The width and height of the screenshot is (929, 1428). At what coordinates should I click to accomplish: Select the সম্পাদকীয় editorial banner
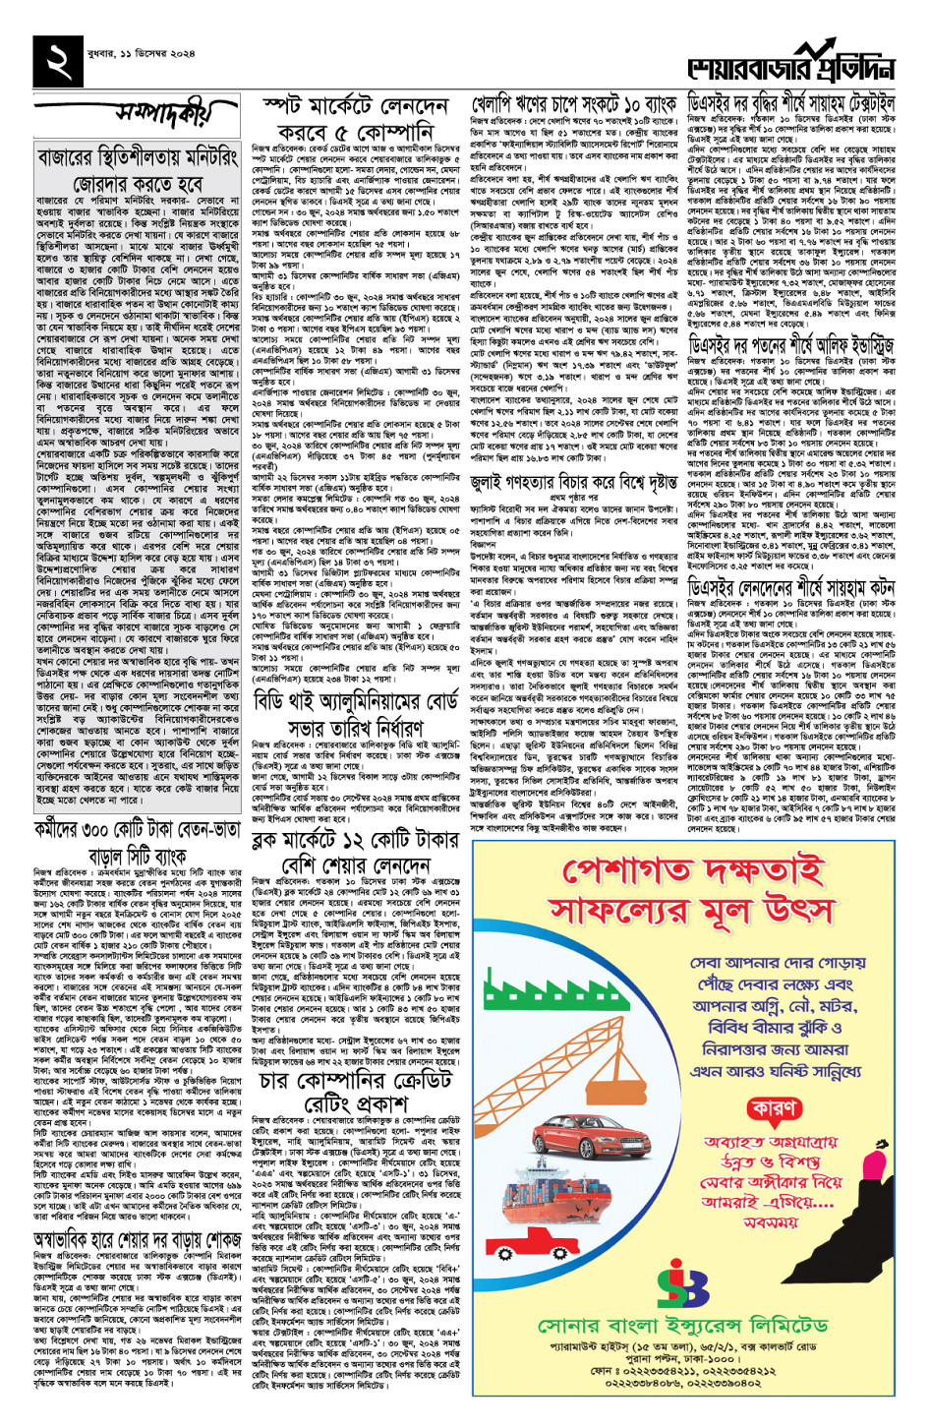coord(162,115)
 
